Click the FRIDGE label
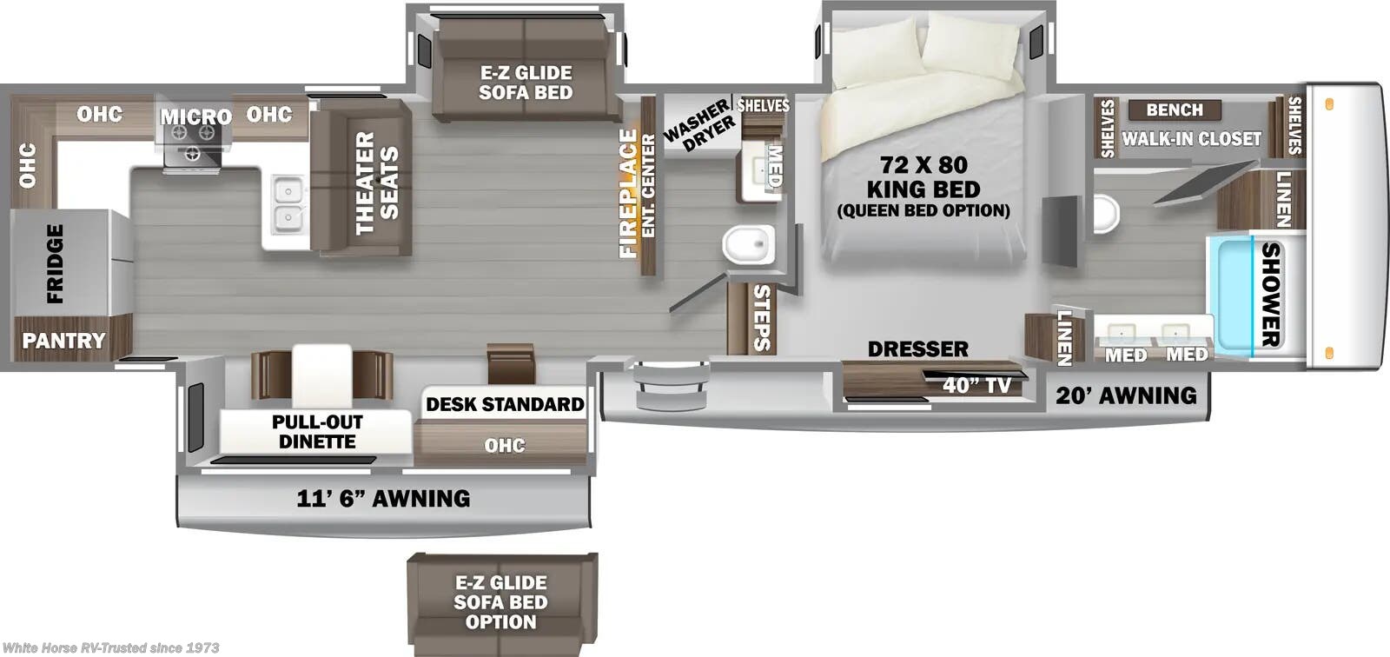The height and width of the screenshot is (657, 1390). pyautogui.click(x=55, y=263)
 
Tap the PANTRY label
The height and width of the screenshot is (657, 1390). pyautogui.click(x=63, y=341)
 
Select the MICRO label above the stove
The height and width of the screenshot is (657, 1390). pyautogui.click(x=195, y=116)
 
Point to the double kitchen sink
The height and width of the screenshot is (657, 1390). pyautogui.click(x=287, y=204)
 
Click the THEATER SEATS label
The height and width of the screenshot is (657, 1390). pyautogui.click(x=376, y=183)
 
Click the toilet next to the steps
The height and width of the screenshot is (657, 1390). pyautogui.click(x=749, y=244)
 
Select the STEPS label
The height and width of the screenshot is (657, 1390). pyautogui.click(x=761, y=317)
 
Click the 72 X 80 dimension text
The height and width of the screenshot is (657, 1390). pyautogui.click(x=923, y=164)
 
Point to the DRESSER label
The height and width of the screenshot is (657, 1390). pyautogui.click(x=917, y=348)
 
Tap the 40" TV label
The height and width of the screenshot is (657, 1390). pyautogui.click(x=976, y=384)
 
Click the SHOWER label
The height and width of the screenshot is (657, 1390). pyautogui.click(x=1271, y=294)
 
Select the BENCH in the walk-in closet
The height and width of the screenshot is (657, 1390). pyautogui.click(x=1175, y=109)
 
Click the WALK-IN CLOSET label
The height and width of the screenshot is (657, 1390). pyautogui.click(x=1191, y=138)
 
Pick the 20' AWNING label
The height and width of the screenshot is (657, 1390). pyautogui.click(x=1126, y=395)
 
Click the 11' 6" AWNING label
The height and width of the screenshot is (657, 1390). pyautogui.click(x=383, y=498)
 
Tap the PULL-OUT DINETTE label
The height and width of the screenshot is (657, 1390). pyautogui.click(x=317, y=431)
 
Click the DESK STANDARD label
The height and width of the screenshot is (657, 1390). pyautogui.click(x=505, y=404)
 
